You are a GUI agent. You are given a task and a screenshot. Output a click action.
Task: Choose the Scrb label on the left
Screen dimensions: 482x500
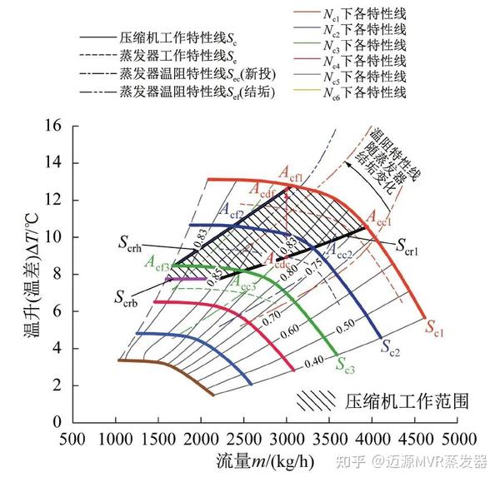click(127, 297)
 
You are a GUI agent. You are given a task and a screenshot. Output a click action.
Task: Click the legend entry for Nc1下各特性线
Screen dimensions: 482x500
click(366, 12)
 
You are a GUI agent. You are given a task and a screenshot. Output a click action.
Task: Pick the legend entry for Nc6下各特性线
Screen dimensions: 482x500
click(366, 92)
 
